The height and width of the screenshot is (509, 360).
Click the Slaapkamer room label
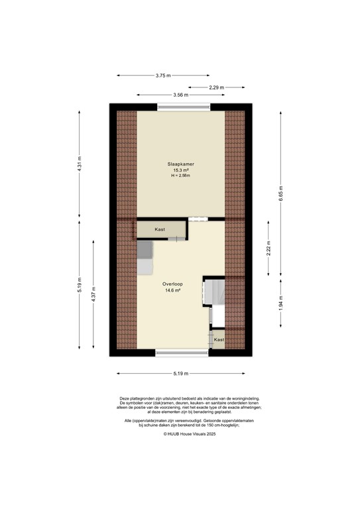(180, 163)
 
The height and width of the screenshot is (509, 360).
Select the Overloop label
(173, 284)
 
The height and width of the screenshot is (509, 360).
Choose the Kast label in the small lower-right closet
(218, 339)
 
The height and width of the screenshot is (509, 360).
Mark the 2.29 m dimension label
(216, 87)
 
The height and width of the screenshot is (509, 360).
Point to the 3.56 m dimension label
(180, 95)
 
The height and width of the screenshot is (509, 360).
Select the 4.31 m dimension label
(80, 164)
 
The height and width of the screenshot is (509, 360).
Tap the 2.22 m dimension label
(269, 247)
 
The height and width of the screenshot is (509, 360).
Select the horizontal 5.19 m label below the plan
(180, 374)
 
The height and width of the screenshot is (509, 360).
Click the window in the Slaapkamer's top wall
(184, 107)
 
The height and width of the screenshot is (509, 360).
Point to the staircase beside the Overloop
(215, 292)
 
